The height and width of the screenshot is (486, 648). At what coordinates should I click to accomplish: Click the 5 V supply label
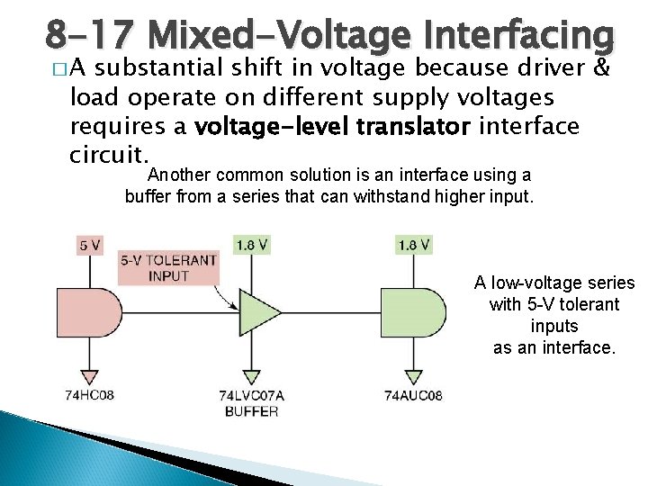[x=89, y=244]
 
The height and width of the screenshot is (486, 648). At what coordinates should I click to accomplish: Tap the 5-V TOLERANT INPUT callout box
[x=169, y=268]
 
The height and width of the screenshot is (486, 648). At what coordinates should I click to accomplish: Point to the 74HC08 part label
[x=89, y=395]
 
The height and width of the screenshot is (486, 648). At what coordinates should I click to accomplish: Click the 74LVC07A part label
[x=251, y=395]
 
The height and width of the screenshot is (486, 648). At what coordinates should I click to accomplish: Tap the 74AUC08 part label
[x=413, y=395]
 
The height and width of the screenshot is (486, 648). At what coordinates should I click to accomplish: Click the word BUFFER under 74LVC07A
[x=251, y=410]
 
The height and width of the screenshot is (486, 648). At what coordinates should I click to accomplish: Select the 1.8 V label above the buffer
[x=251, y=244]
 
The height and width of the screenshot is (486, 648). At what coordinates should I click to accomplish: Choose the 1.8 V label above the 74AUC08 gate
[x=413, y=244]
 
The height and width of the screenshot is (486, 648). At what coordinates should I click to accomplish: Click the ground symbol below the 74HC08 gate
[x=89, y=376]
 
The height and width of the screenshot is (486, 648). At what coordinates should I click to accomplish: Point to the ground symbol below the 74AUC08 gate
[x=413, y=376]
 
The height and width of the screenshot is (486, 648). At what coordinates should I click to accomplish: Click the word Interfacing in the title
[x=514, y=36]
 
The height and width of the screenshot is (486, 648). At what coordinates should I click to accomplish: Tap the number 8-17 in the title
[x=91, y=36]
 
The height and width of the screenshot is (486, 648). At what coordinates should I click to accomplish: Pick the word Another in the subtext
[x=181, y=175]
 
